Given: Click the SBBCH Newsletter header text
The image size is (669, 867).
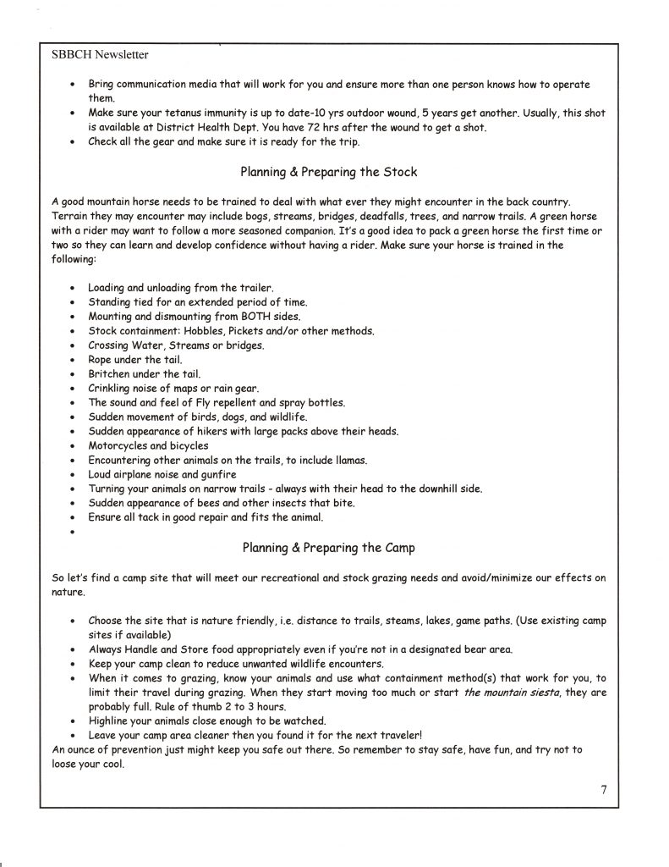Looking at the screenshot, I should coord(100,56).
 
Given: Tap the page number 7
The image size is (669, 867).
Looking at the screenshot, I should coord(604,790).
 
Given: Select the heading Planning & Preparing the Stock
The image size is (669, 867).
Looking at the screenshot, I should coord(328,172).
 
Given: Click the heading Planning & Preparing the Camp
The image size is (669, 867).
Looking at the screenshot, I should coord(328,547).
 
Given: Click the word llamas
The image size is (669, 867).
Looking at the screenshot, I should coord(369,460).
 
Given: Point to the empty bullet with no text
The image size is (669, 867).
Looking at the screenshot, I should coord(74,532).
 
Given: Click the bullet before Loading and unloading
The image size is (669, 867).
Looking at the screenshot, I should coord(74,288).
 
